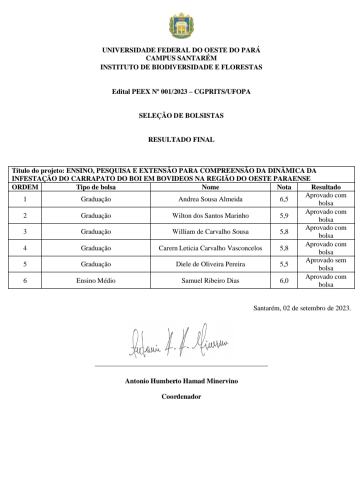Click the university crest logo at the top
point(181,26)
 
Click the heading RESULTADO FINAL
point(181,139)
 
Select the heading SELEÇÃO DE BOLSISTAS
point(181,115)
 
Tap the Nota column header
point(284,187)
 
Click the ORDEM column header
point(25,187)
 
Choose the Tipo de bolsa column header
point(95,187)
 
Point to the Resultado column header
point(325,187)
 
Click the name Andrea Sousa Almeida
point(210,199)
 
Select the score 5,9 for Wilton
point(284,215)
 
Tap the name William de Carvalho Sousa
point(210,232)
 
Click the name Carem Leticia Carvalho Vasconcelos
point(210,248)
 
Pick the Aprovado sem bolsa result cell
point(325,264)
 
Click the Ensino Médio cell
point(95,281)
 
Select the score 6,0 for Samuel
point(284,281)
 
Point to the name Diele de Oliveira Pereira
point(210,264)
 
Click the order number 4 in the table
point(25,248)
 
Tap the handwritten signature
point(178,341)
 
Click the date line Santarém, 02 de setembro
point(302,308)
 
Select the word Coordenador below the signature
point(181,396)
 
